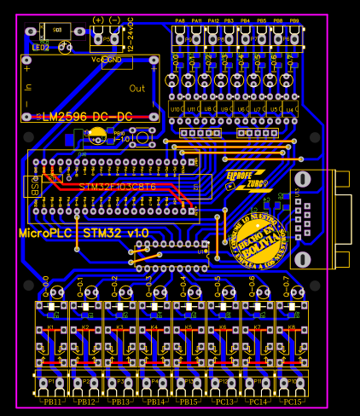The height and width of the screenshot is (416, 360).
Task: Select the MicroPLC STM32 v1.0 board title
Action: point(84,233)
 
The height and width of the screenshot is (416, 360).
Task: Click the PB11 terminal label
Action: point(51,402)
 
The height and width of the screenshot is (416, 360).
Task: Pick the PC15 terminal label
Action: point(292,402)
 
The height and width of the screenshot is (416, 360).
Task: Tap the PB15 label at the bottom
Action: point(189,402)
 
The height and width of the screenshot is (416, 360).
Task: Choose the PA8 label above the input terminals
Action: point(180,20)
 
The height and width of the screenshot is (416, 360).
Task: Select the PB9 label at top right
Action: point(294,20)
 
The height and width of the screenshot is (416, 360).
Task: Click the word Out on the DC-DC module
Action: point(137,88)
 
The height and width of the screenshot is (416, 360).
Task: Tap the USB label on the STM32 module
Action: point(35,188)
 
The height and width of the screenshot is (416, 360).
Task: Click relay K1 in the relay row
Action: point(50,327)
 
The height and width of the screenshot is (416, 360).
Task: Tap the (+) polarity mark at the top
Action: point(98,20)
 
